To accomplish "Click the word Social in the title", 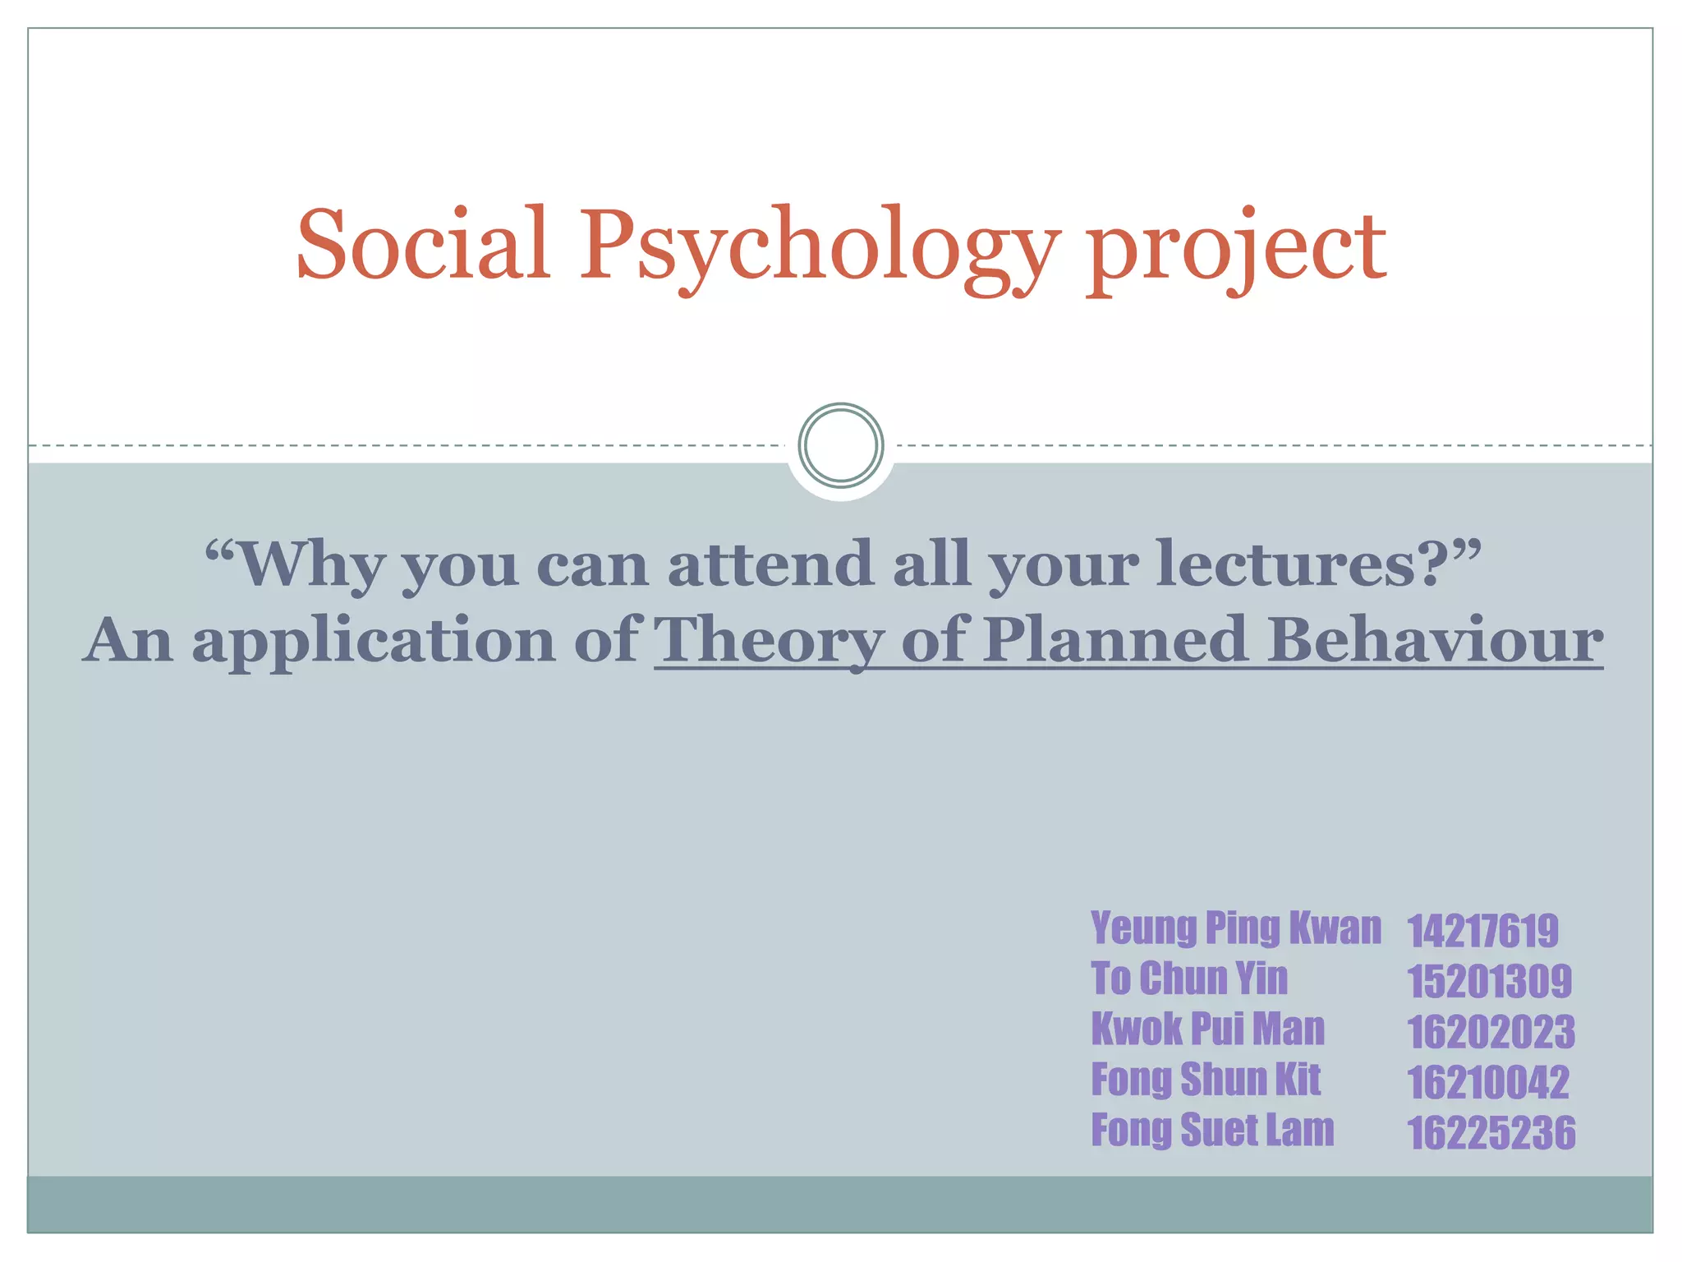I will (422, 245).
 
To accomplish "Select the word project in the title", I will (1237, 248).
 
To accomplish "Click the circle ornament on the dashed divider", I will (840, 444).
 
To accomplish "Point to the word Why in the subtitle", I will (313, 565).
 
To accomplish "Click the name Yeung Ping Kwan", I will (1236, 928).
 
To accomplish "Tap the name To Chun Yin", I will (1189, 979).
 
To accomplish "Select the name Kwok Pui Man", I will (1207, 1029).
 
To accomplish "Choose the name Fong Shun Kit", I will (1206, 1080).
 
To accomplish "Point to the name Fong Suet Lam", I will (1212, 1130).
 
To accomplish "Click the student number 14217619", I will (1482, 931).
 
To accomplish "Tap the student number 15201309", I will (1489, 981).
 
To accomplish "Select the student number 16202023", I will (1491, 1032).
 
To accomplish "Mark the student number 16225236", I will (1491, 1133).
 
